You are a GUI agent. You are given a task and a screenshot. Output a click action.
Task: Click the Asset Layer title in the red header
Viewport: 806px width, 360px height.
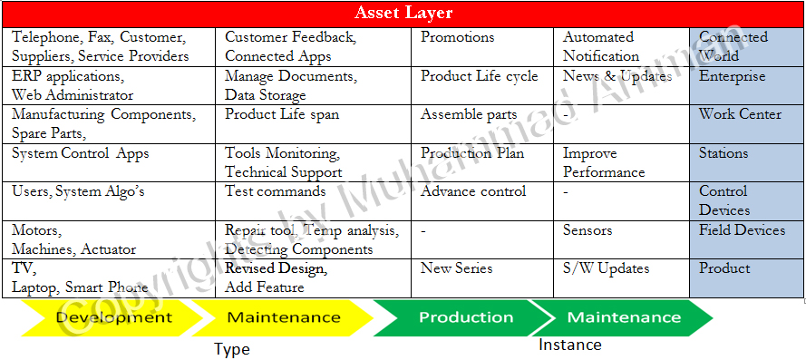[x=403, y=13]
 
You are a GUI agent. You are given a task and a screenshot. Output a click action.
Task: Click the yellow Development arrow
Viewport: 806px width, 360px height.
[x=113, y=317]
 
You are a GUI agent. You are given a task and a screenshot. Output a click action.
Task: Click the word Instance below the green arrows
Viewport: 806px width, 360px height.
[x=569, y=345]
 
